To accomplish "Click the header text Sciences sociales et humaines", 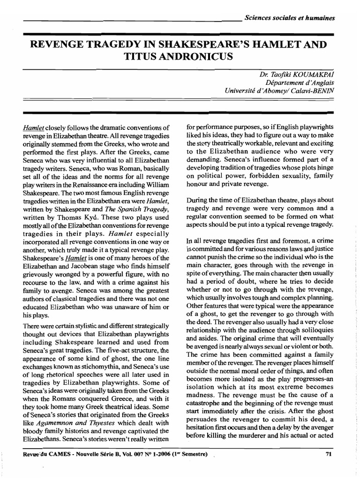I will pyautogui.click(x=290, y=18).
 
